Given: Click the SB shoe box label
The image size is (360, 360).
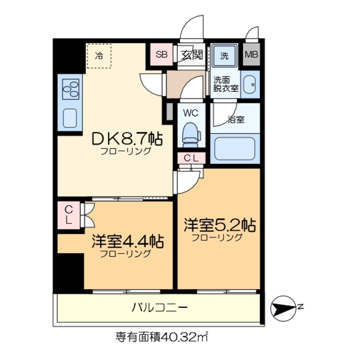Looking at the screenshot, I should pos(161,55).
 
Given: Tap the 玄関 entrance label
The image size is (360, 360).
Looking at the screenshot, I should pos(192,55).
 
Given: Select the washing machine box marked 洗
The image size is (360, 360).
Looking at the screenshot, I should pos(224,55).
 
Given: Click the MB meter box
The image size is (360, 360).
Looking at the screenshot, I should pos(251,55).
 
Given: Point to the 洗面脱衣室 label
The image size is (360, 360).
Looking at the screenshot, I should pos(225,84).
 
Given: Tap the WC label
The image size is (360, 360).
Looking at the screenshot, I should pos(190,112).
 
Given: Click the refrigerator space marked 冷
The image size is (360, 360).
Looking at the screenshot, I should pos(99,56).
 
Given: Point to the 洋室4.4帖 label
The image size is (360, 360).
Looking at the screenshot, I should pos(128,242).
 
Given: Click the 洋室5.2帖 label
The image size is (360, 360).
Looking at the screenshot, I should pos(219,226).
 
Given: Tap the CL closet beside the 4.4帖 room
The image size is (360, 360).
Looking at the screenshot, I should pos(68,214).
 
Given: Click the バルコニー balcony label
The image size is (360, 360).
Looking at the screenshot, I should pos(159,308).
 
